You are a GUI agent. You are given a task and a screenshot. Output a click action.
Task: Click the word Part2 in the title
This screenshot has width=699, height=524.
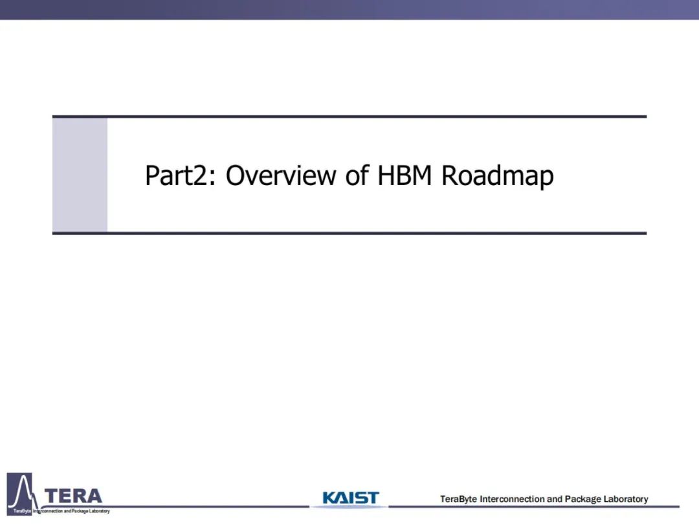[176, 175]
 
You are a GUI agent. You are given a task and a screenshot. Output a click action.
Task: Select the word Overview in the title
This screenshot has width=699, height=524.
[281, 175]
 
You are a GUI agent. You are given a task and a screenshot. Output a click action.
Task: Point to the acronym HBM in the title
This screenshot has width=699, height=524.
[405, 175]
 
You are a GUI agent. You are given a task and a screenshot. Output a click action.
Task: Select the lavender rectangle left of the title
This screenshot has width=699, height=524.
[80, 175]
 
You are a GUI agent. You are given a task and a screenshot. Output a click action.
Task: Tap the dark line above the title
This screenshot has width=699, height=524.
[349, 116]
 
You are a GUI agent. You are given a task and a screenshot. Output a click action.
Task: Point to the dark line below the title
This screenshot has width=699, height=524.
[349, 233]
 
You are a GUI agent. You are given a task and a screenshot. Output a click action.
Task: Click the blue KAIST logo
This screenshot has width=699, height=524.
[350, 497]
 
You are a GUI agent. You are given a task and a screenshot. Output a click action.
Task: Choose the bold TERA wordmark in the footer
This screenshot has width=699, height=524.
[74, 496]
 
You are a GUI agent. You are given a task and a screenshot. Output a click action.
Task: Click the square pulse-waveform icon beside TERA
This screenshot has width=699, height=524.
[19, 494]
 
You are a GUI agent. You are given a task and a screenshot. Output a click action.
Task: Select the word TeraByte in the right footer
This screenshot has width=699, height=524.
[458, 499]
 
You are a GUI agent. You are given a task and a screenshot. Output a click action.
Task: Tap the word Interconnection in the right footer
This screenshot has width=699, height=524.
[512, 499]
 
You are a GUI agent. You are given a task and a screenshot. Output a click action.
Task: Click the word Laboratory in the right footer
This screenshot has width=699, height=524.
[625, 499]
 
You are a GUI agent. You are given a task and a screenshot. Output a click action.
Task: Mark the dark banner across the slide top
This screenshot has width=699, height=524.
[349, 9]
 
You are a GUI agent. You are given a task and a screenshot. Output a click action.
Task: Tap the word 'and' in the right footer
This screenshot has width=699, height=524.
[554, 499]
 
